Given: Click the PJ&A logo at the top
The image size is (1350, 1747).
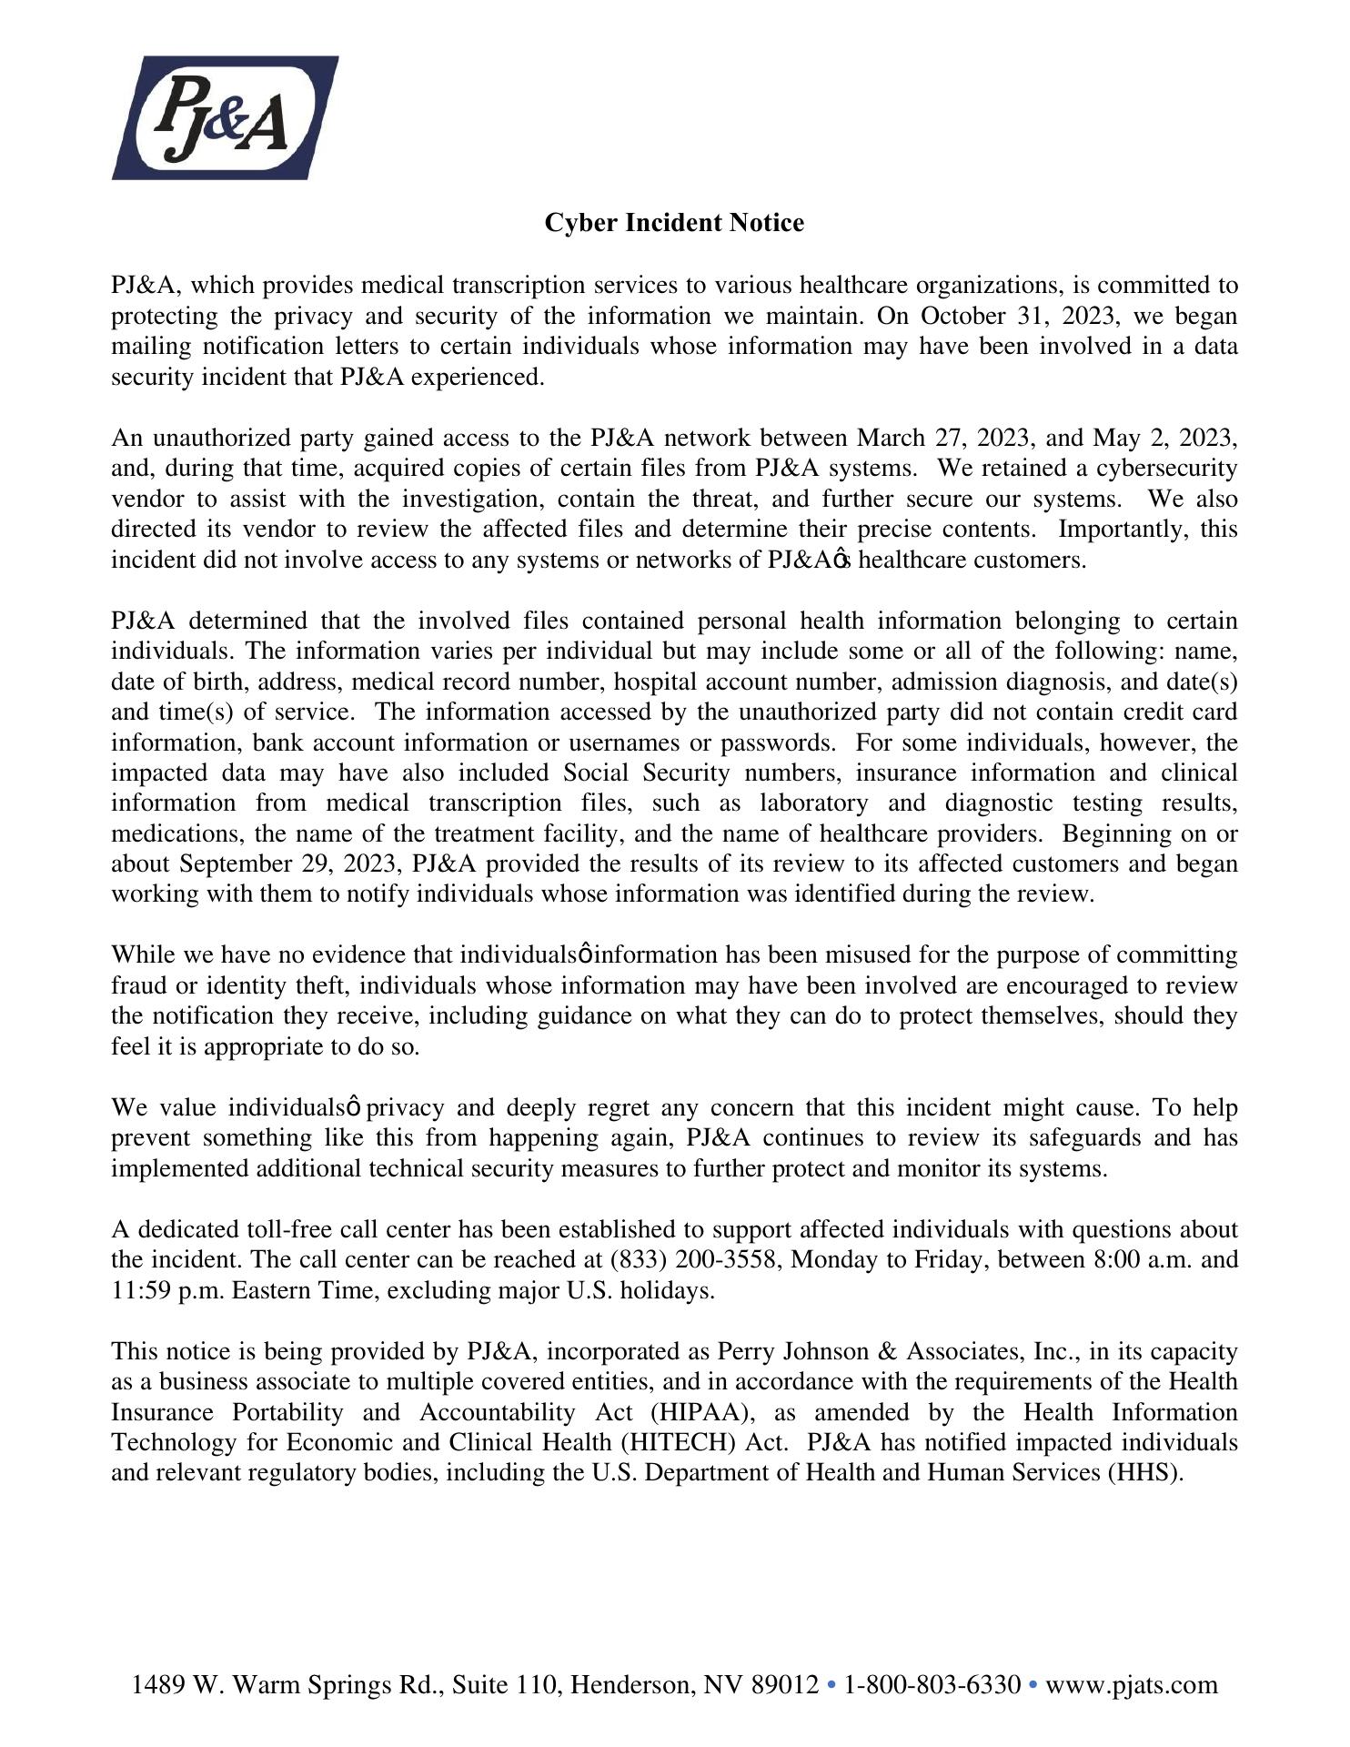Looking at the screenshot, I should [x=225, y=117].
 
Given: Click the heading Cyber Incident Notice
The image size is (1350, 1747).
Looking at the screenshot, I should [x=674, y=223].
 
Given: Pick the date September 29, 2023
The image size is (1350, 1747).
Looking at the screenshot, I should [x=289, y=863].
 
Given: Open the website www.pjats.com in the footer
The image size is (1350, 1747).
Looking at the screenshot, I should [x=1131, y=1684].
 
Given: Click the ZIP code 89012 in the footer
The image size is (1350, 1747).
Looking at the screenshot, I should [x=785, y=1684].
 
